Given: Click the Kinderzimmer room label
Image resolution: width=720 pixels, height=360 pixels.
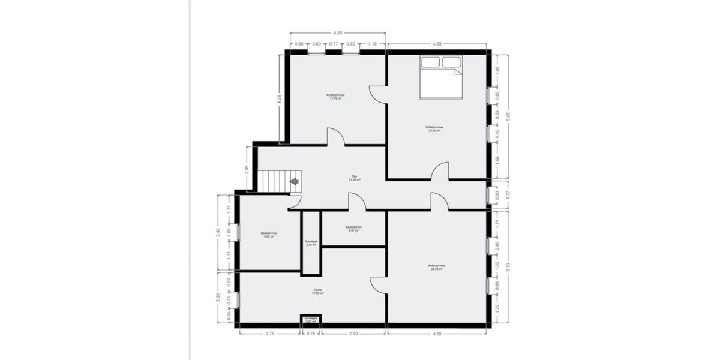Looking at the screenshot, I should coord(335,97).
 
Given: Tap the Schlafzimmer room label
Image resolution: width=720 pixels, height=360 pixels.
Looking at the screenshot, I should coord(433,128).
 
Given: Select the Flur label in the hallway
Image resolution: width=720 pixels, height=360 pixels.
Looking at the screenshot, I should coord(354,179).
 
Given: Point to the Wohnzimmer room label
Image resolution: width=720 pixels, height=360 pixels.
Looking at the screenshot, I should coord(436,267).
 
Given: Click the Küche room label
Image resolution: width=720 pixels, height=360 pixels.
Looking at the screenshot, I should coord(318,291).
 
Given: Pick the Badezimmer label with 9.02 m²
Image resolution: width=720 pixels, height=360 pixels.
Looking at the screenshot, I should coord(269,235).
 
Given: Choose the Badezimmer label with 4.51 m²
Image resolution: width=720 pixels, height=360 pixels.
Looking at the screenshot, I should coord(353,228).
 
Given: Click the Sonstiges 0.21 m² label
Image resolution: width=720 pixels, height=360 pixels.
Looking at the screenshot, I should coord(311,320).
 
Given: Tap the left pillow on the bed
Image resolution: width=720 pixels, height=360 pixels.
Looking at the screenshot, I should coord(430,62).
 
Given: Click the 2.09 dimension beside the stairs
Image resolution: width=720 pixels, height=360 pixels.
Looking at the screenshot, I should coord(247,169).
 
